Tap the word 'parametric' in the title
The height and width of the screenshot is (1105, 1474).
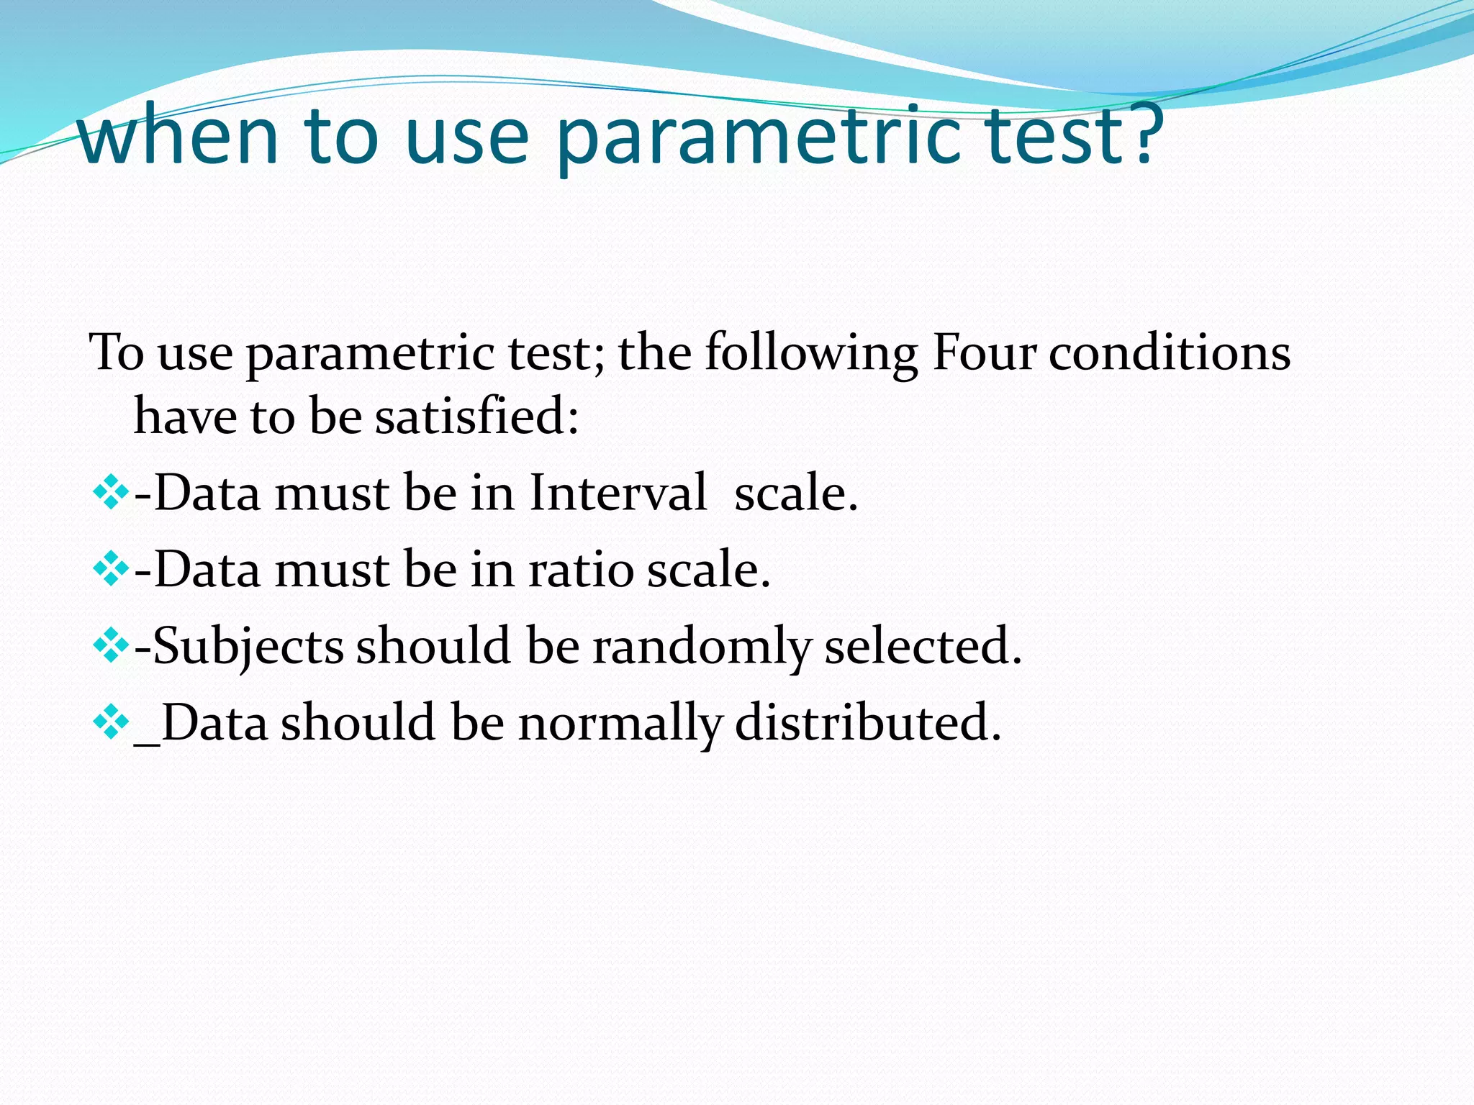point(759,137)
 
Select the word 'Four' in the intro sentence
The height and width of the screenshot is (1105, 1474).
point(983,353)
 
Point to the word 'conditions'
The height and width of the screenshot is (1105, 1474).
point(1169,353)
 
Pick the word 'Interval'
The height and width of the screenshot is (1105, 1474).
point(618,494)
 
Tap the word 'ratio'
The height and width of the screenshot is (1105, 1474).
point(580,570)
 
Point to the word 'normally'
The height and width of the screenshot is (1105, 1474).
point(620,722)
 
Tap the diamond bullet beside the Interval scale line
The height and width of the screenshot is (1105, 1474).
point(110,494)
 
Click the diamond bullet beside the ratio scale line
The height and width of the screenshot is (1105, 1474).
point(110,570)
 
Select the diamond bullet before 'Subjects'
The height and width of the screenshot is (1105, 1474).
point(110,646)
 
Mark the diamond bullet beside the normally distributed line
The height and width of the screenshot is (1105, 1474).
point(110,722)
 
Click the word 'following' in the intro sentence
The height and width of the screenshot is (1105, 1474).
point(811,355)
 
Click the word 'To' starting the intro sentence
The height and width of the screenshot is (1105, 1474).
point(116,353)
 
